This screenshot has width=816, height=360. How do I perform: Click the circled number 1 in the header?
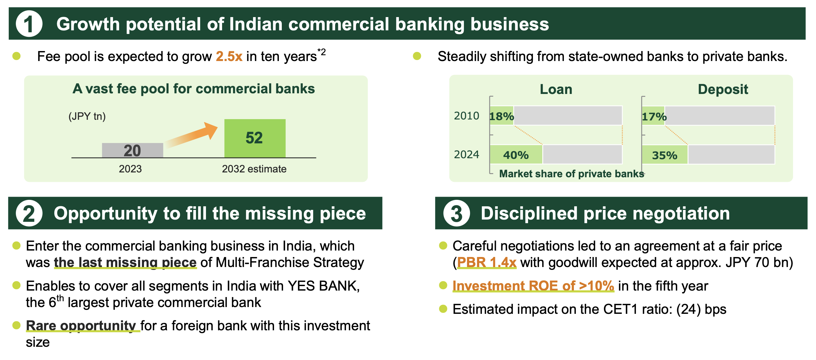[x=29, y=24]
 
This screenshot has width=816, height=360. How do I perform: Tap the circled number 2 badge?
[x=29, y=213]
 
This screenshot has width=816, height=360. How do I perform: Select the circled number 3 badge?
[x=456, y=213]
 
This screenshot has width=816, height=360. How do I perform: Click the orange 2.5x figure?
[x=229, y=57]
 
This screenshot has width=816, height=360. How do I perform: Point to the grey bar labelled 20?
[x=132, y=150]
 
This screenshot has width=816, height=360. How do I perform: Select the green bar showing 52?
[x=255, y=138]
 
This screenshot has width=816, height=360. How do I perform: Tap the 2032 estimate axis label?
[x=254, y=169]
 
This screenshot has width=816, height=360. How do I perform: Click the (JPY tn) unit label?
[x=87, y=116]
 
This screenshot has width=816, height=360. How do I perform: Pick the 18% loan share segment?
[x=502, y=116]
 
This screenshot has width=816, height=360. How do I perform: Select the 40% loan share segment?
[x=516, y=154]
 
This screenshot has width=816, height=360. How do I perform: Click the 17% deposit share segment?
[x=653, y=116]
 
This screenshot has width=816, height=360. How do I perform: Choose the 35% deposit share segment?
[x=665, y=155]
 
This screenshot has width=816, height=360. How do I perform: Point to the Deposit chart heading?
[x=723, y=89]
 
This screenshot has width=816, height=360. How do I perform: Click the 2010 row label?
[x=466, y=116]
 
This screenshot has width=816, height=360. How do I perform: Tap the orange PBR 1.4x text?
[x=487, y=262]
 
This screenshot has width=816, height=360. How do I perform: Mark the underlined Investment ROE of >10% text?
[x=533, y=286]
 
